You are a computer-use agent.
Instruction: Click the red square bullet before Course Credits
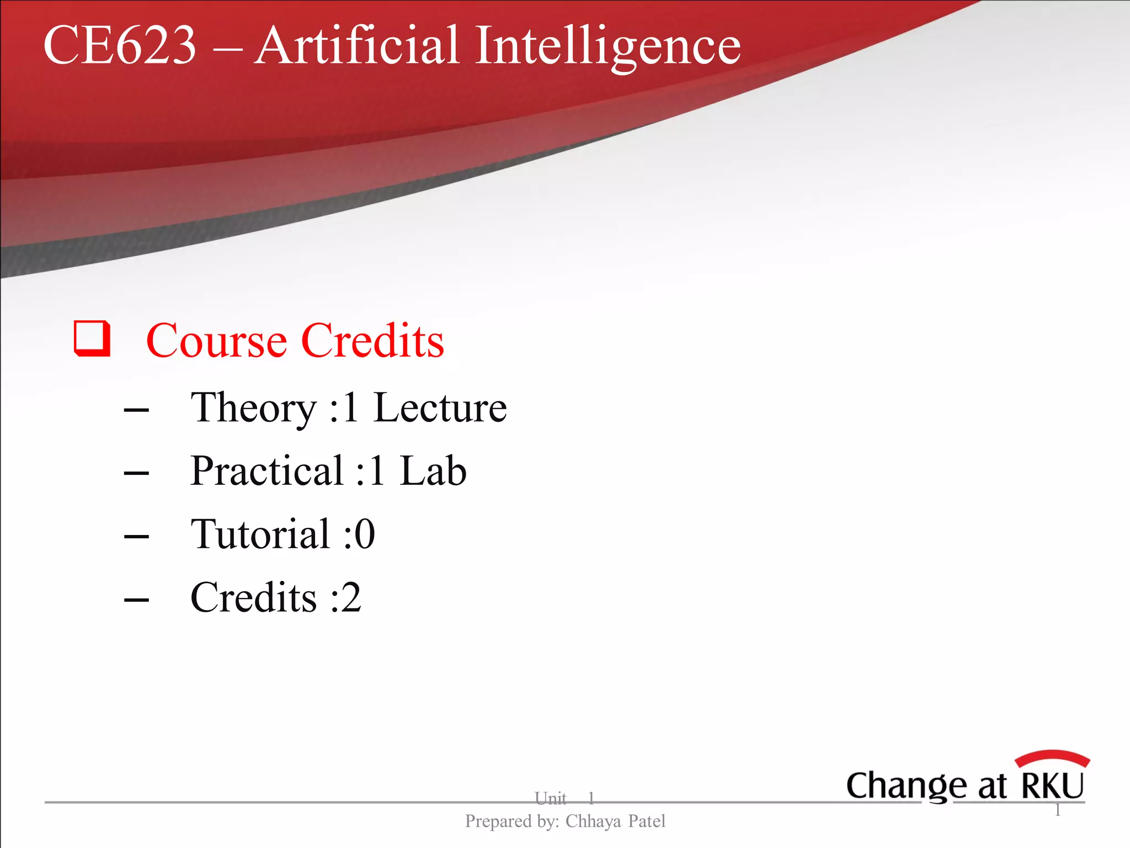[x=92, y=338]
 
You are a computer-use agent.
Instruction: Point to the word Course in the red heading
[x=216, y=341]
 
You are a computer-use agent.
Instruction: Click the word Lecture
[x=440, y=407]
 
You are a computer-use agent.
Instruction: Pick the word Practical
[x=267, y=471]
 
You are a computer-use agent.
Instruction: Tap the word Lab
[x=433, y=471]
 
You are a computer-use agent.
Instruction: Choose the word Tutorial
[x=260, y=534]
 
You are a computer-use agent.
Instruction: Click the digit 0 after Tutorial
[x=365, y=534]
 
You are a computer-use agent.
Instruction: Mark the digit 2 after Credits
[x=351, y=598]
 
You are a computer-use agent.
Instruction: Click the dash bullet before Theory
[x=136, y=410]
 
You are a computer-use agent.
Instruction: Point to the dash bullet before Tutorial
[x=136, y=536]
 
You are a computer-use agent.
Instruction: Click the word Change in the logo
[x=907, y=786]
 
